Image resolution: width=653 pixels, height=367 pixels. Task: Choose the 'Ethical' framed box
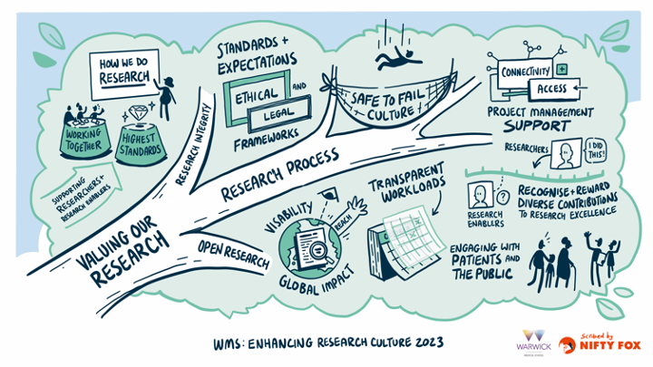pyautogui.click(x=256, y=97)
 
